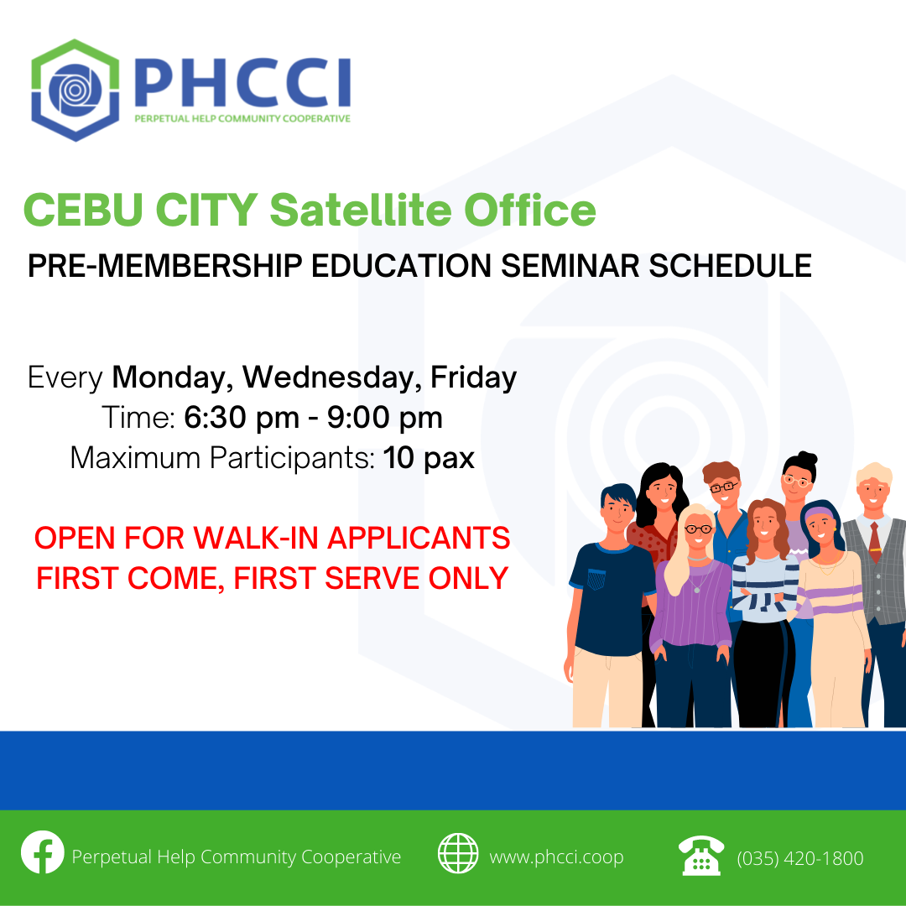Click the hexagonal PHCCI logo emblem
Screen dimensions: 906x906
click(75, 90)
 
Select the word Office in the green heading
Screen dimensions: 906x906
click(530, 210)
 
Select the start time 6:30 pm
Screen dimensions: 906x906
click(242, 418)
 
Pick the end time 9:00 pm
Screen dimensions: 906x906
click(385, 418)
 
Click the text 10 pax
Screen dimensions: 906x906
click(429, 459)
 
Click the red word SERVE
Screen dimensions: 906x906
click(372, 578)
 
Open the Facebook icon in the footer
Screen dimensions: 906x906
click(43, 852)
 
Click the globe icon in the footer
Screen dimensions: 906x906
click(458, 853)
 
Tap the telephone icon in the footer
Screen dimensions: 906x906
click(700, 856)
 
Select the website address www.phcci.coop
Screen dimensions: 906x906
click(556, 857)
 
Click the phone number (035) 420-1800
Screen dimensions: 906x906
click(800, 858)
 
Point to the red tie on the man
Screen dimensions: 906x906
click(875, 542)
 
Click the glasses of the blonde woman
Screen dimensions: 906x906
click(699, 528)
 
